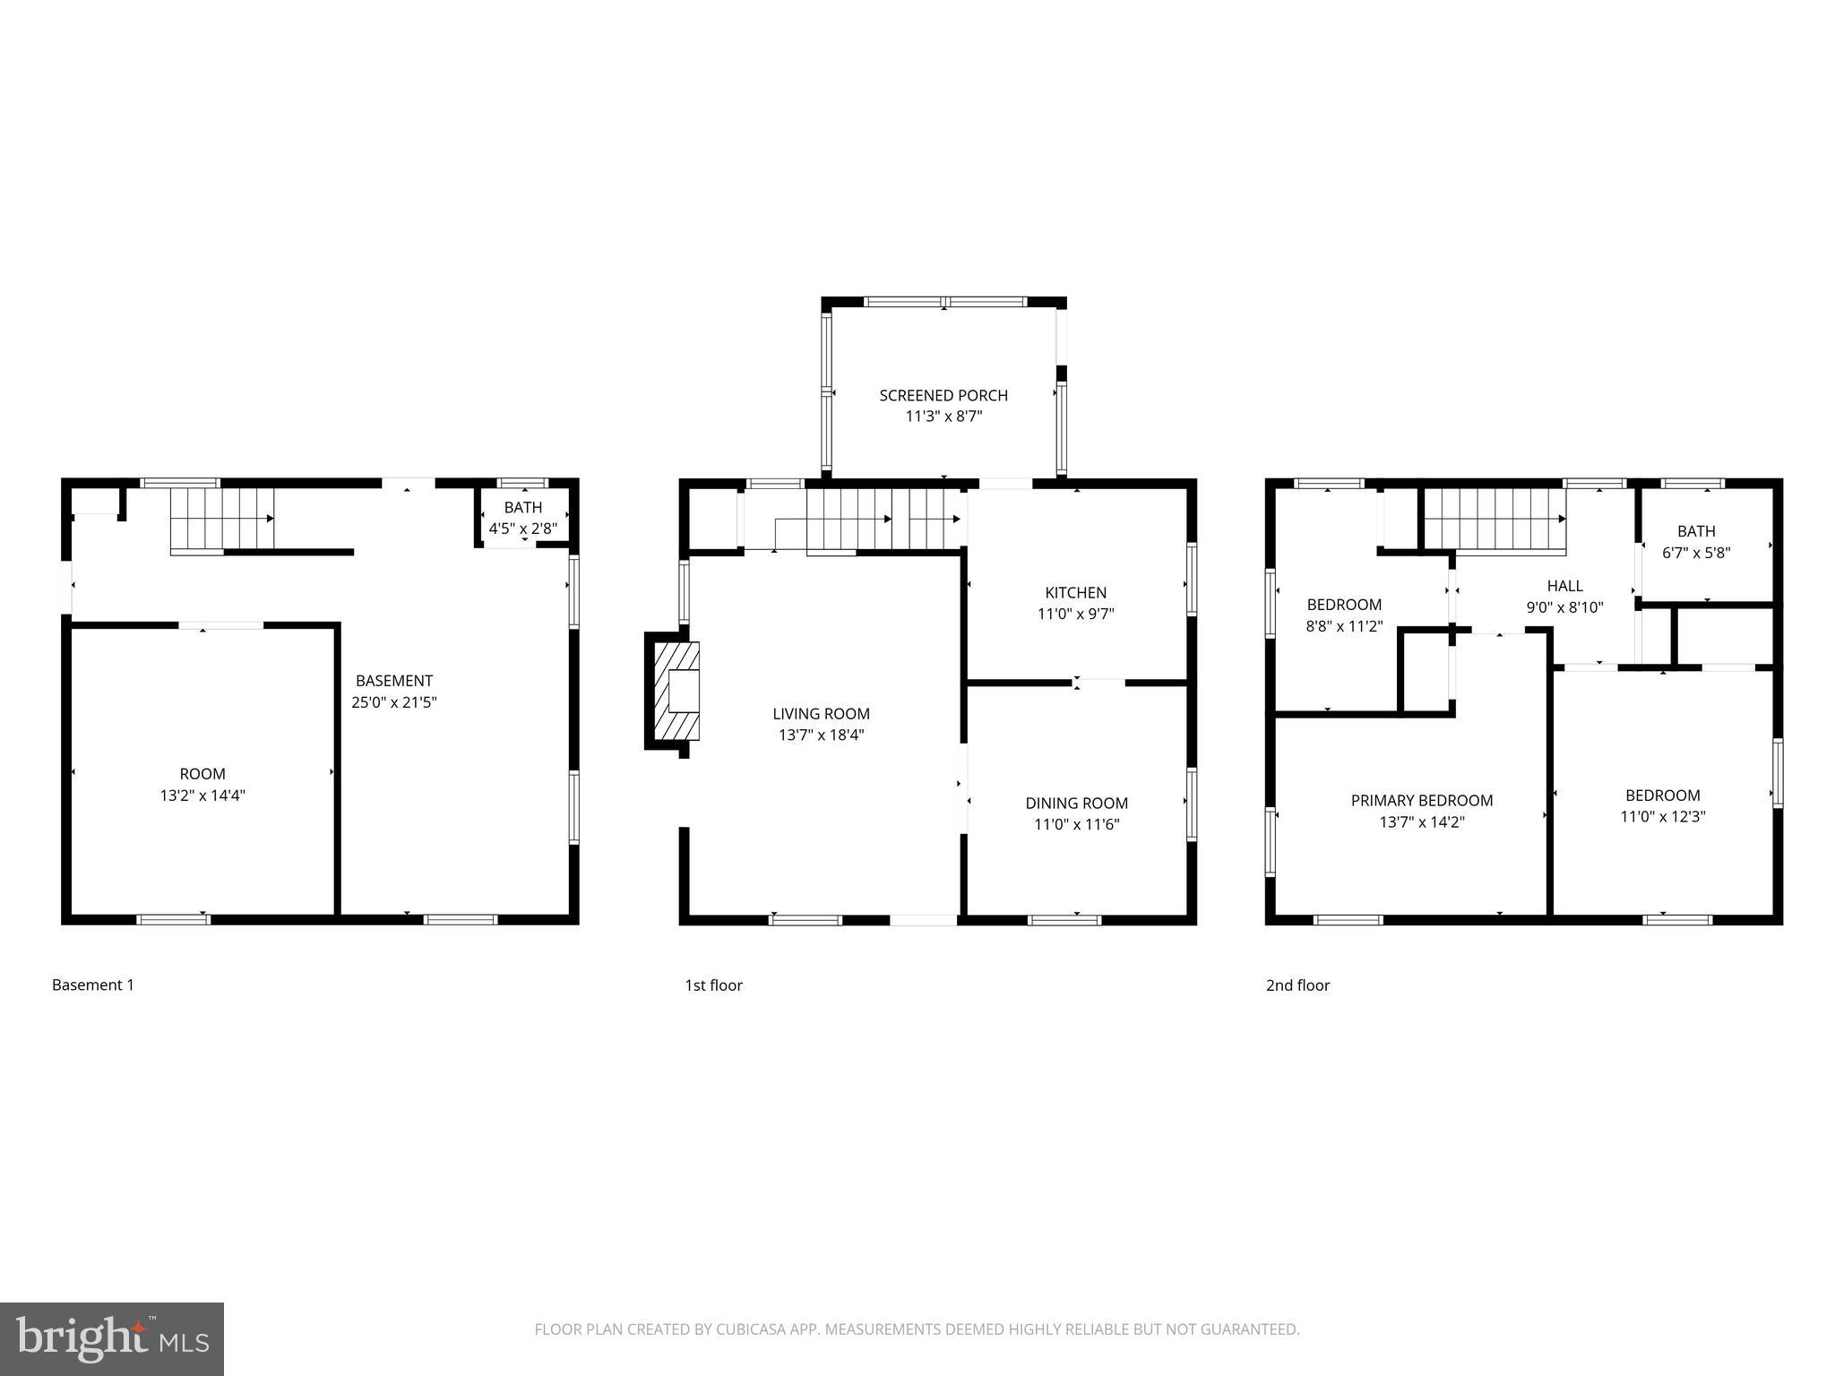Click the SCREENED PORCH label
tap(943, 395)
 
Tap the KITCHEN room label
tap(1075, 592)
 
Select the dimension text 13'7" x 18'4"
tap(821, 735)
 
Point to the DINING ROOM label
tap(1076, 803)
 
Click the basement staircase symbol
tap(221, 519)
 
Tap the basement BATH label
tap(522, 508)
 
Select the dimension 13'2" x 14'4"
tap(202, 795)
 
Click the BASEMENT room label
tap(393, 681)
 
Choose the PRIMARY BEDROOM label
tap(1421, 800)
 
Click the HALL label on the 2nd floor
tap(1564, 586)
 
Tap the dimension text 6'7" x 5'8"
tap(1695, 553)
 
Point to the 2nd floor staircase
tap(1494, 519)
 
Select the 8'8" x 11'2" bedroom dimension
tap(1344, 626)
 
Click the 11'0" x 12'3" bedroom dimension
tap(1662, 817)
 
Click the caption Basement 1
tap(92, 985)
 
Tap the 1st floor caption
tap(713, 985)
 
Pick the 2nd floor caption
tap(1297, 985)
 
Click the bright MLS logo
tap(112, 1338)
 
